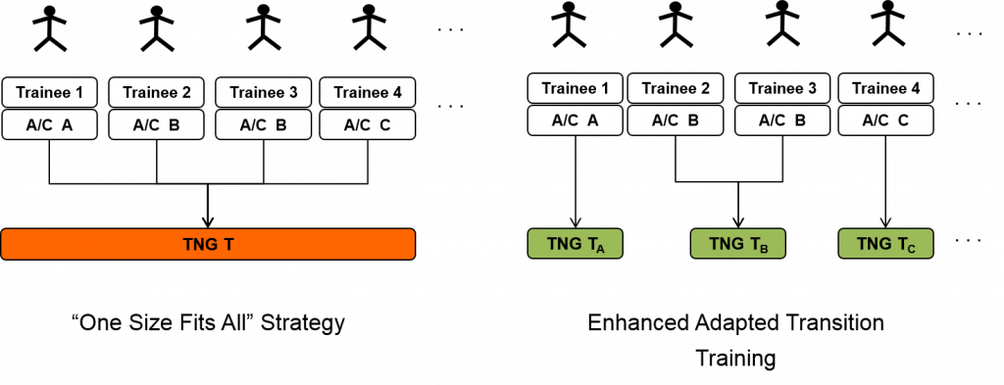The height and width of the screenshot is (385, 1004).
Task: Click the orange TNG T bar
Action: click(208, 244)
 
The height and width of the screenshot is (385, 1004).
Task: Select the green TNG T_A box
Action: click(576, 244)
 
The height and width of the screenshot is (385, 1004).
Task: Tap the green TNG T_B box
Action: click(737, 244)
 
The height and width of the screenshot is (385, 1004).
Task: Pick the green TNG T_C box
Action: click(885, 244)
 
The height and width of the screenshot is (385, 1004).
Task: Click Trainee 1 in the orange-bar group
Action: click(49, 93)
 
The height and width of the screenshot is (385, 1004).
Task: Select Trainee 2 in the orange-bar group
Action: click(156, 93)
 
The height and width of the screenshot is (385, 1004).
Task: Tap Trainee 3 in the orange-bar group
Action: click(263, 93)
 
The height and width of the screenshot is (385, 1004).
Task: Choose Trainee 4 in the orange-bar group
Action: click(368, 93)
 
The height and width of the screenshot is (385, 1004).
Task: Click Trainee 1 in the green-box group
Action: click(576, 88)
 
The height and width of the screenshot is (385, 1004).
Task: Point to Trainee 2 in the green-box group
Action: click(676, 88)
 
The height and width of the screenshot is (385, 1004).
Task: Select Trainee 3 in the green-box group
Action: click(782, 88)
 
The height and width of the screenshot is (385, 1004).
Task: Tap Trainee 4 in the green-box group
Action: click(885, 88)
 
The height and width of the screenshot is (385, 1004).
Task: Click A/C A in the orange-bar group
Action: click(49, 124)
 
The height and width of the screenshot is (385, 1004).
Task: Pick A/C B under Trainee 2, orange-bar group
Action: click(156, 124)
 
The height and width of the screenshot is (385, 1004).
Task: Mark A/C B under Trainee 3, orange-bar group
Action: click(263, 124)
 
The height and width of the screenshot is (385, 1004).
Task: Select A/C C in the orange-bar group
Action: click(368, 124)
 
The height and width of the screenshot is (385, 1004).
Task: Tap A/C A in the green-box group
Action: click(576, 120)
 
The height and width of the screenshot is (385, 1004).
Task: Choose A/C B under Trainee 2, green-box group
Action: click(676, 120)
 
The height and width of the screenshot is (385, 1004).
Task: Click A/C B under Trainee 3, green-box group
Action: click(782, 120)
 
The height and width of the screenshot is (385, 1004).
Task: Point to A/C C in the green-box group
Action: click(885, 120)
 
